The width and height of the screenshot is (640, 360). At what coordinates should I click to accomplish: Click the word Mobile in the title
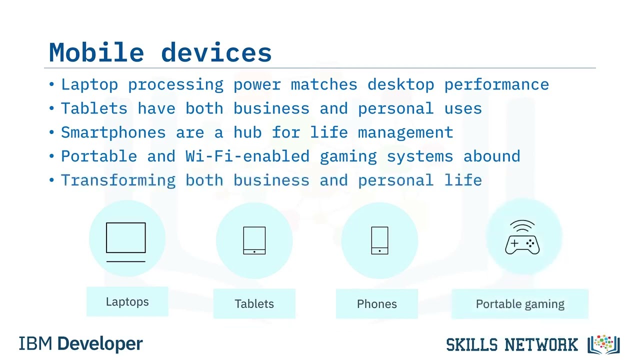[96, 52]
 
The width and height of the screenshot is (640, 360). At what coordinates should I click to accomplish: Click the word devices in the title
[216, 52]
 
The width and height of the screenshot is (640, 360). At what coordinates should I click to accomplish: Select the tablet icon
[254, 240]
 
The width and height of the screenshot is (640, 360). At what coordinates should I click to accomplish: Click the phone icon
[379, 240]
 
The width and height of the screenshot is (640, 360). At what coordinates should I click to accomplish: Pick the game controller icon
[522, 239]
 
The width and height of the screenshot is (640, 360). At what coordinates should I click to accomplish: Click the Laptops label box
[127, 301]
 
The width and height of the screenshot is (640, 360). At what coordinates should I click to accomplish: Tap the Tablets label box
[254, 303]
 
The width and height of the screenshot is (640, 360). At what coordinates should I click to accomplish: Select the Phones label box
[376, 303]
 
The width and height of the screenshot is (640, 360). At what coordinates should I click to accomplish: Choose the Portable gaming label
[519, 303]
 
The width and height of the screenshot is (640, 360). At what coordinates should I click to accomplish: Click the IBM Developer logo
[80, 344]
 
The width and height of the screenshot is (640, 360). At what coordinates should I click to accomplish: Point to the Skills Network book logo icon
[604, 344]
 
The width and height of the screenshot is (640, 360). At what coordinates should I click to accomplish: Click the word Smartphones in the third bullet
[113, 132]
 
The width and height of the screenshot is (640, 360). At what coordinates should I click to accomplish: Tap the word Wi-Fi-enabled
[247, 156]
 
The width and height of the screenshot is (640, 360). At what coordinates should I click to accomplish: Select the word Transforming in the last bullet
[118, 180]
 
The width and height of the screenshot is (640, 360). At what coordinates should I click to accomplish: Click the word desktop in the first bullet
[400, 84]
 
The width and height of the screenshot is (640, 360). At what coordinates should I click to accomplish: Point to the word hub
[247, 132]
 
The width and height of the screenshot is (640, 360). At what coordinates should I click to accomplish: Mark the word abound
[491, 156]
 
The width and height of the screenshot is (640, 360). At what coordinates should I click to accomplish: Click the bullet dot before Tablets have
[52, 108]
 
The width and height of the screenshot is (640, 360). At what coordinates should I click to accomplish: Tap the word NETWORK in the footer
[541, 344]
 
